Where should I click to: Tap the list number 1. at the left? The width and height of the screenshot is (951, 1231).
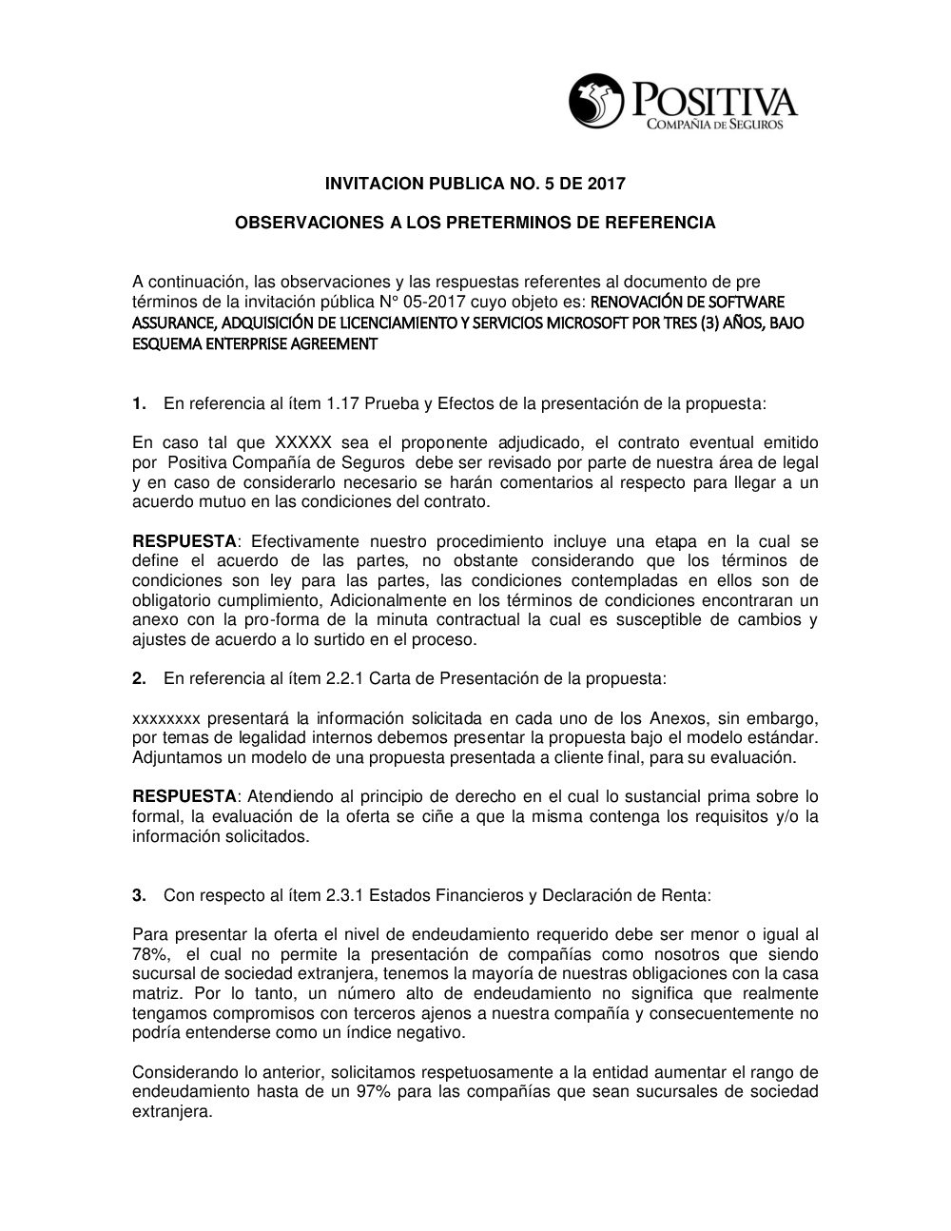[139, 403]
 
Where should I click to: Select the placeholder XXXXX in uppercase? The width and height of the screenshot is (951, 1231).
[302, 442]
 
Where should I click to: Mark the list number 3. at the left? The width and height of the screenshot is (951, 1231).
[139, 894]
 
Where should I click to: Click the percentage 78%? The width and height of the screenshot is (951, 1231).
[149, 953]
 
